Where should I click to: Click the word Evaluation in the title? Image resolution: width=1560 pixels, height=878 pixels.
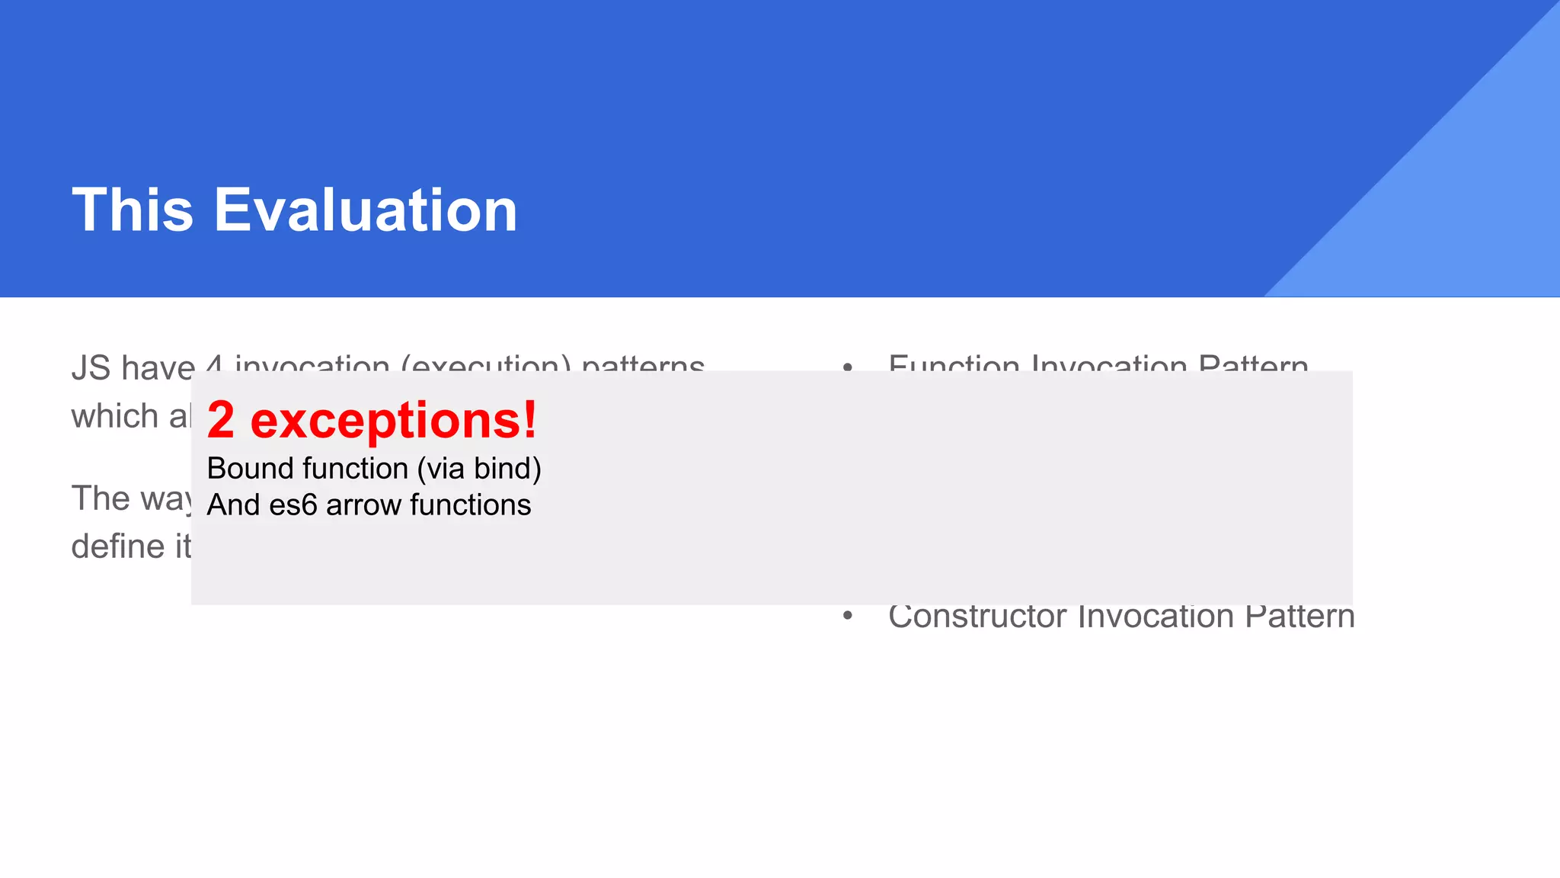[366, 210]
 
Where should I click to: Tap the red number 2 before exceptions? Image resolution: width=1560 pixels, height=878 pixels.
[221, 420]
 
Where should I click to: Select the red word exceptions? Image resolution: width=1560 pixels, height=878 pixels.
[394, 420]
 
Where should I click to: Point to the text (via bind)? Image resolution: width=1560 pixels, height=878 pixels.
[479, 469]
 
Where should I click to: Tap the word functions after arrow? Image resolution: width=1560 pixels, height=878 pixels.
[470, 505]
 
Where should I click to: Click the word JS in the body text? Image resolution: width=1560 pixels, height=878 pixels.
[91, 368]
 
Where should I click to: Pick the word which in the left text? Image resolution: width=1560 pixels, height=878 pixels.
[114, 417]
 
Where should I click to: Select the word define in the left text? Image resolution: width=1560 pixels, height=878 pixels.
[118, 546]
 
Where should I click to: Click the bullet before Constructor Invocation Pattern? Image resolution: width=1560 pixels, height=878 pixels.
[848, 616]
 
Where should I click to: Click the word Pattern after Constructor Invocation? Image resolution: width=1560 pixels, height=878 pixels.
[1299, 616]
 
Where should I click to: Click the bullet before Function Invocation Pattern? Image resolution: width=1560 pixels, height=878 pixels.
[848, 367]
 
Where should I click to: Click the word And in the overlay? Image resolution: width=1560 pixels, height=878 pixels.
[233, 505]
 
